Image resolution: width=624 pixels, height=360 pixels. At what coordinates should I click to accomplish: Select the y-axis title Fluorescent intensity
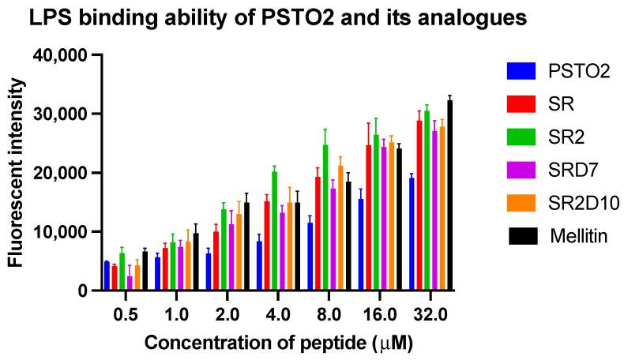[x=15, y=172]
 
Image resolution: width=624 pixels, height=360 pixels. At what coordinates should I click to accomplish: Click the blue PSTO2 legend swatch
[x=520, y=72]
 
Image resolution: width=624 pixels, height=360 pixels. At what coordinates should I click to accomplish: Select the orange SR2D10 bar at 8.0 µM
[x=340, y=228]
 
